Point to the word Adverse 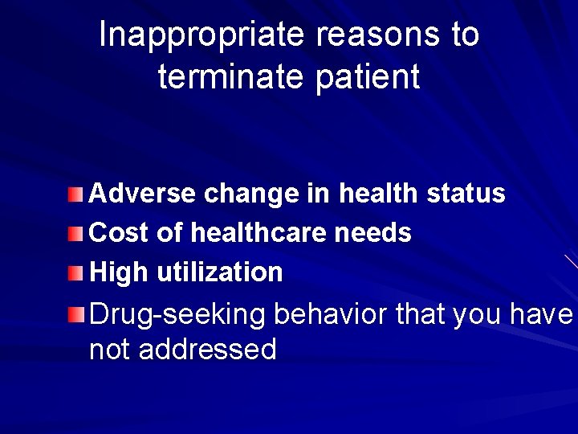click(x=143, y=194)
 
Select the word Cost click(x=120, y=233)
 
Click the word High click(x=120, y=272)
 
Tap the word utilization click(x=220, y=272)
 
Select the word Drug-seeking click(x=177, y=314)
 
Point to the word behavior click(x=332, y=314)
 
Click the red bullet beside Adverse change click(x=75, y=194)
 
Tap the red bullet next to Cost click(x=75, y=234)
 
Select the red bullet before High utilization click(x=75, y=273)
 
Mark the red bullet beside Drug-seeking click(x=75, y=313)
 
